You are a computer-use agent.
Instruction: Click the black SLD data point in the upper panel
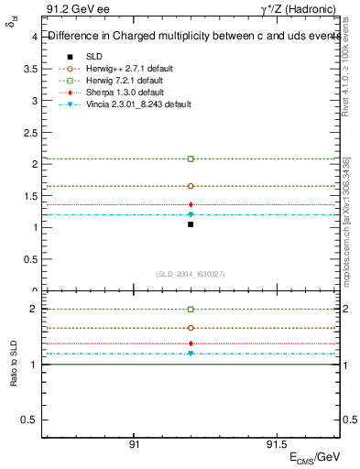pyautogui.click(x=191, y=224)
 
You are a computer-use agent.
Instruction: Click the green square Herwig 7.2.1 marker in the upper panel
pyautogui.click(x=191, y=159)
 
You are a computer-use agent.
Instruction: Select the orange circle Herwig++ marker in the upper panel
pyautogui.click(x=191, y=186)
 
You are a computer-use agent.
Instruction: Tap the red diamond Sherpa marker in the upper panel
pyautogui.click(x=191, y=204)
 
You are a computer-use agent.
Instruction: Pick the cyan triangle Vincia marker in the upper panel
pyautogui.click(x=191, y=214)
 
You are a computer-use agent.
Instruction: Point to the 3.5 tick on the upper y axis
pyautogui.click(x=31, y=69)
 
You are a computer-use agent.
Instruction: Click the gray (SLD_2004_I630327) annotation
pyautogui.click(x=191, y=274)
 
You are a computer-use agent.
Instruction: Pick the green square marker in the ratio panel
pyautogui.click(x=191, y=310)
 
